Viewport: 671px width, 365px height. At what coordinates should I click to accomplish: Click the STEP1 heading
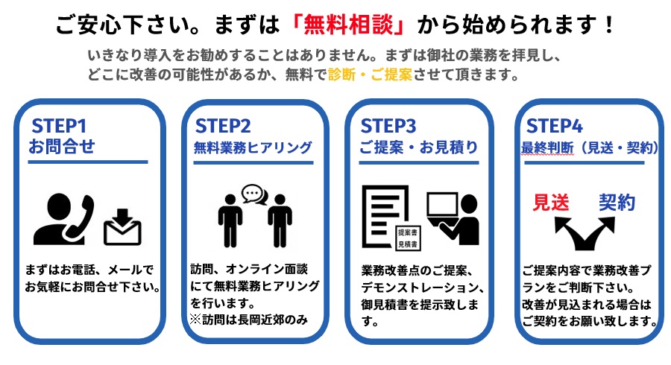pyautogui.click(x=59, y=126)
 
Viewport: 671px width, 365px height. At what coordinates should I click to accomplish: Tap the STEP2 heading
pyautogui.click(x=223, y=126)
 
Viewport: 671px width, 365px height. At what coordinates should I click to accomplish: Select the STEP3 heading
pyautogui.click(x=388, y=126)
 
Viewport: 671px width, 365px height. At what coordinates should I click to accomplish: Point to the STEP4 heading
pyautogui.click(x=554, y=126)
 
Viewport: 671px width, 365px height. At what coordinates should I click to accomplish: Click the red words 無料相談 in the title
pyautogui.click(x=348, y=25)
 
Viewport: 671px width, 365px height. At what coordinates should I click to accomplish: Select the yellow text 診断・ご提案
pyautogui.click(x=370, y=74)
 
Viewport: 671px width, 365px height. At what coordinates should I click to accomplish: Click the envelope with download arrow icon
pyautogui.click(x=122, y=226)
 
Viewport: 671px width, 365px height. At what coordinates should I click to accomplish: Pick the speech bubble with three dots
pyautogui.click(x=253, y=194)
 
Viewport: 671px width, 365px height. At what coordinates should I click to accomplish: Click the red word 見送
pyautogui.click(x=551, y=202)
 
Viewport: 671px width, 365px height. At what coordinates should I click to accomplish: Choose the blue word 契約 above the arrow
pyautogui.click(x=617, y=202)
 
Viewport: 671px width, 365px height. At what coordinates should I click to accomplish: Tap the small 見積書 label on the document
pyautogui.click(x=408, y=244)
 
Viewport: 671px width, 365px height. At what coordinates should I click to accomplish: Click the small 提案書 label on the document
pyautogui.click(x=408, y=232)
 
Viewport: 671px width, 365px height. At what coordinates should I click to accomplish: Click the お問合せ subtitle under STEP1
pyautogui.click(x=62, y=146)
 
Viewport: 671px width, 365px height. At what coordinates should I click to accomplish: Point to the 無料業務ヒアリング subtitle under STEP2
pyautogui.click(x=253, y=147)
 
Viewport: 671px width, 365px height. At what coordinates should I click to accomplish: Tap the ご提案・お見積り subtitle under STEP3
pyautogui.click(x=418, y=147)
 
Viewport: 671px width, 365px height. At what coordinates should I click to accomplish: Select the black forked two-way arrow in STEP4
pyautogui.click(x=585, y=233)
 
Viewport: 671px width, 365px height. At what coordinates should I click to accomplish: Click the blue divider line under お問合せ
pyautogui.click(x=88, y=162)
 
